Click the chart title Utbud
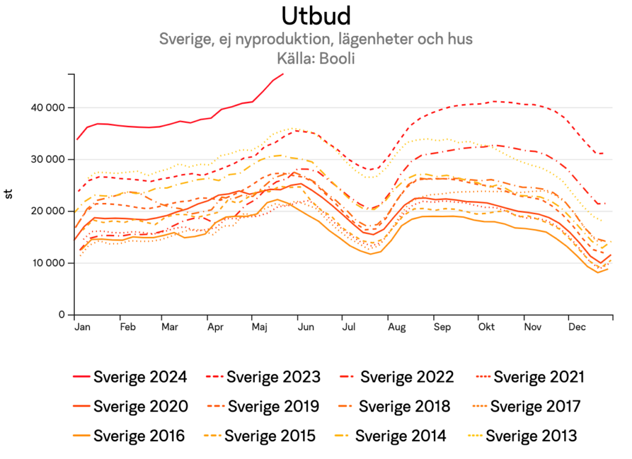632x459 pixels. [315, 15]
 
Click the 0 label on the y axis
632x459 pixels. [62, 315]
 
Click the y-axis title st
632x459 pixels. [9, 194]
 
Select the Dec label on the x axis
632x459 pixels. [577, 326]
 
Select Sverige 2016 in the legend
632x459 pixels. [139, 436]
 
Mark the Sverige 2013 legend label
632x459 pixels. [531, 436]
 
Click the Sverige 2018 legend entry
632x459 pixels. [404, 407]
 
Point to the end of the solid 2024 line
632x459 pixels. [283, 74]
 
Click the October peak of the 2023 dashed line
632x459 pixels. [494, 101]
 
